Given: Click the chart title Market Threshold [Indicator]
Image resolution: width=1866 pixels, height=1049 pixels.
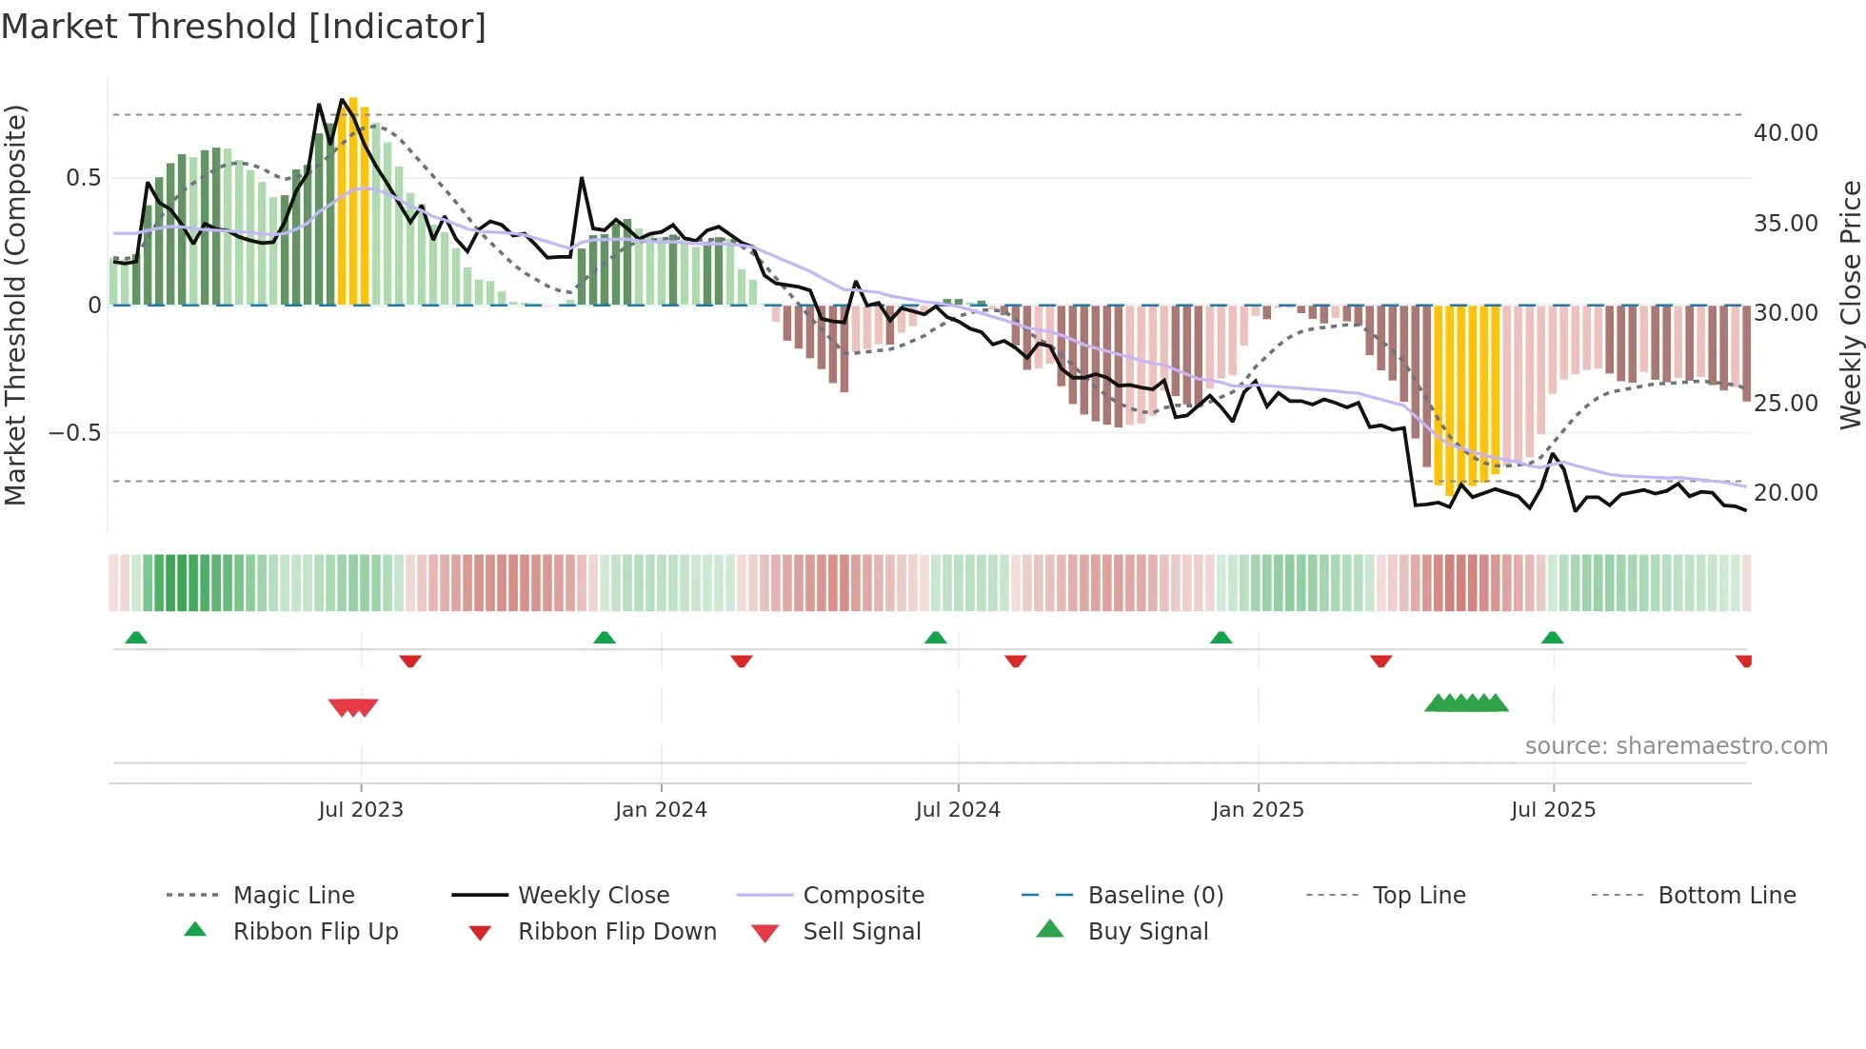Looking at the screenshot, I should [244, 27].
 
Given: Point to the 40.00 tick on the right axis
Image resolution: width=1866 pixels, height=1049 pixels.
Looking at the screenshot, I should [1785, 133].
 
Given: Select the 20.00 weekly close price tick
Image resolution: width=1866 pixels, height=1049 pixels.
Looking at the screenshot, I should [1785, 493].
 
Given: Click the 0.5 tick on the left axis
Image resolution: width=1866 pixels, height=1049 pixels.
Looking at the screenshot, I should [83, 178].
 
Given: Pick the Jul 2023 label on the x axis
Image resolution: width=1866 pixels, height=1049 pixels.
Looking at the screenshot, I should [361, 810].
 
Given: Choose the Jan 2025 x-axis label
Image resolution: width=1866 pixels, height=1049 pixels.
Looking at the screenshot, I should [1258, 810].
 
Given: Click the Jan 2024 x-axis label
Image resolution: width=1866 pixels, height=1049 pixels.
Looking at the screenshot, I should [661, 810].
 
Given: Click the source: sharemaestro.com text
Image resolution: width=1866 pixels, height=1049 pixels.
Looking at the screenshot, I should [1676, 746].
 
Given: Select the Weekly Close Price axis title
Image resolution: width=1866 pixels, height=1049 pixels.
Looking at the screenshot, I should [1850, 305].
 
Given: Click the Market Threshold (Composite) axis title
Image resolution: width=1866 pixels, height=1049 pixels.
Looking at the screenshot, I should [15, 305].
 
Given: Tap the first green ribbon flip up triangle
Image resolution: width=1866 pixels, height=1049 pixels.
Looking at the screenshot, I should [136, 638].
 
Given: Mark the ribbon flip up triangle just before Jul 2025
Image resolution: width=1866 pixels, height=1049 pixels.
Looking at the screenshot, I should [1552, 638].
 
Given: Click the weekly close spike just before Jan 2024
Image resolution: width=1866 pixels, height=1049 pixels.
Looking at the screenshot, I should [582, 179].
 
